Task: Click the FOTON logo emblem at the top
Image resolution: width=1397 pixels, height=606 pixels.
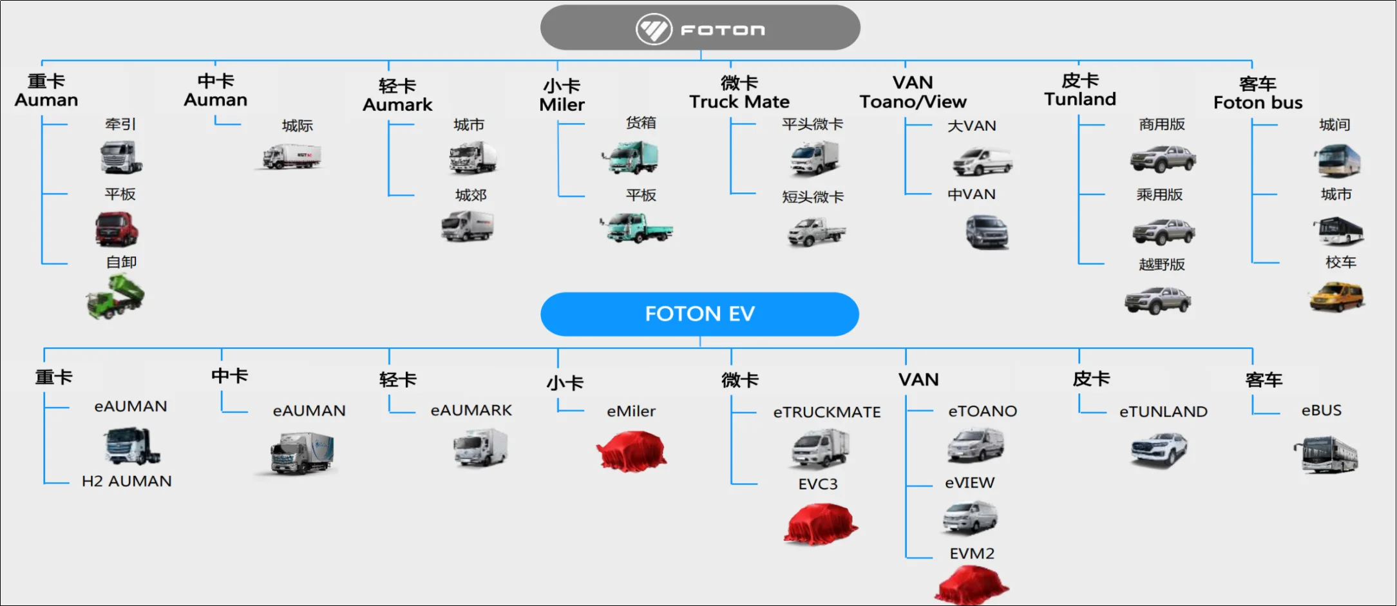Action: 654,29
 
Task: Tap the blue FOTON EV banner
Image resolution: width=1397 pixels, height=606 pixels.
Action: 699,314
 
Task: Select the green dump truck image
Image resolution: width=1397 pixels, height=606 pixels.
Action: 115,296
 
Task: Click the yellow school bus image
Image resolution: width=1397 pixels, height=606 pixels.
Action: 1337,297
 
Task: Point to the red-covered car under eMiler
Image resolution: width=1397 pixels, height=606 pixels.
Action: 631,451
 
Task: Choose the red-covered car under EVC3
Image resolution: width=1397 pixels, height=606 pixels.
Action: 821,524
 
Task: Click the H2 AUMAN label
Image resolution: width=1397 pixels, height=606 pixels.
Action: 127,481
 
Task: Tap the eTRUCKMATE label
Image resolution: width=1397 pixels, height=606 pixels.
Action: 827,412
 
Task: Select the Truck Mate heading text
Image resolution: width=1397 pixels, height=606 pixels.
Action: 739,102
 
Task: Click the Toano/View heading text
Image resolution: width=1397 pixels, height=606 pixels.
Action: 913,102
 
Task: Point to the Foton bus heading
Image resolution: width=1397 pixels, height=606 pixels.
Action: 1258,103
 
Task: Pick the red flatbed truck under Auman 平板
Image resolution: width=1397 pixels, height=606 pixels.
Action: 117,229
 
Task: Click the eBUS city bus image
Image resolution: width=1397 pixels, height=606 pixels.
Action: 1326,455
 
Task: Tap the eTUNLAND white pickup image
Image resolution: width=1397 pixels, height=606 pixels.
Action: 1159,450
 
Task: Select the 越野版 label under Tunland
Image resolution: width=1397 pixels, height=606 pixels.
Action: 1162,264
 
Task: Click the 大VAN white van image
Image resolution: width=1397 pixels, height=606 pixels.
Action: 982,161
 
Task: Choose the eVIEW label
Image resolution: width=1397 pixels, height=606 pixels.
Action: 969,482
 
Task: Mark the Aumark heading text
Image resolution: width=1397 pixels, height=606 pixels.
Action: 397,105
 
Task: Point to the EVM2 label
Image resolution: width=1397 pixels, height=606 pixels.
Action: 972,553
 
